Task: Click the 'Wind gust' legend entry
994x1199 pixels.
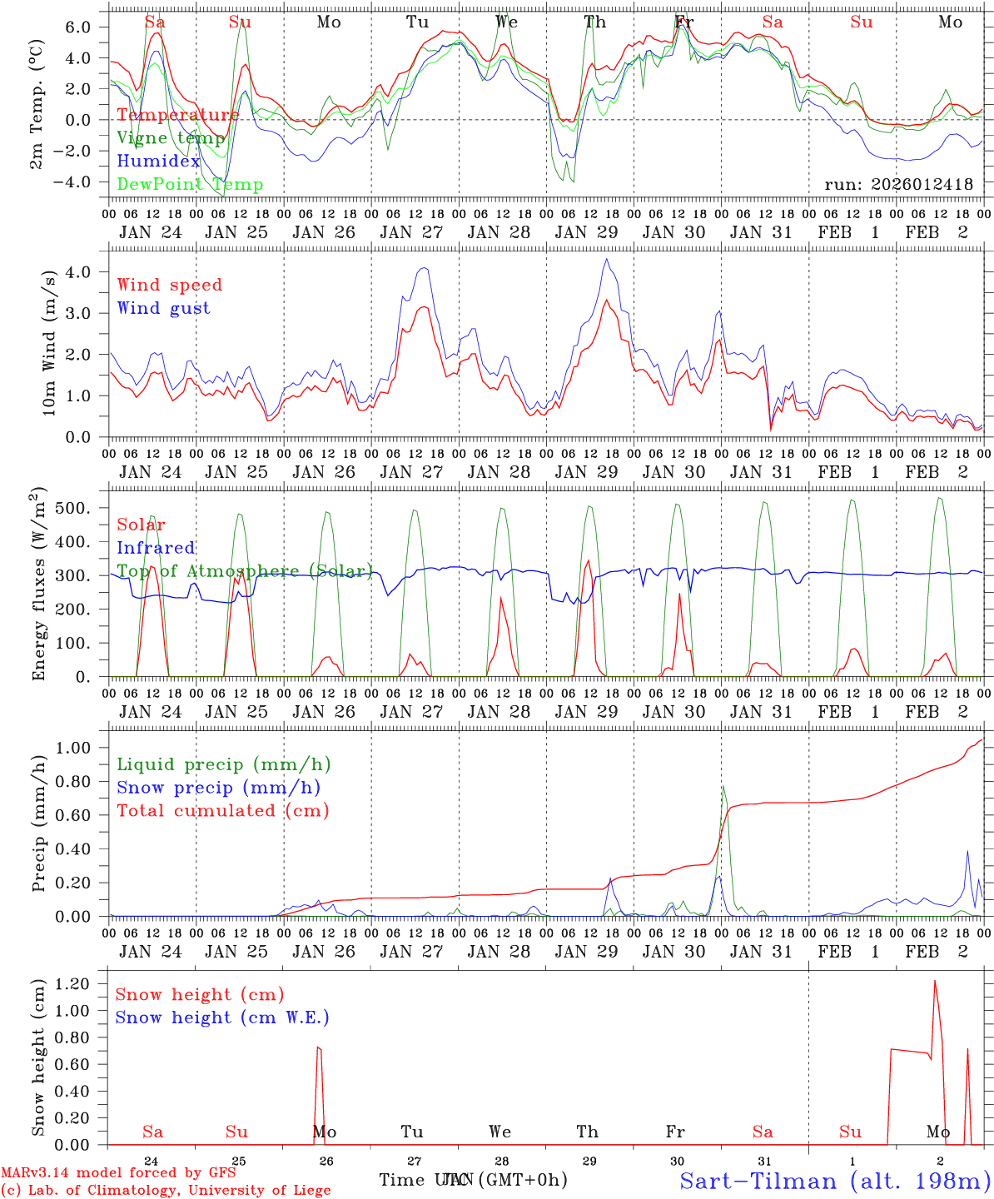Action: (x=163, y=308)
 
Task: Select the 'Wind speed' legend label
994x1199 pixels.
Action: (x=170, y=285)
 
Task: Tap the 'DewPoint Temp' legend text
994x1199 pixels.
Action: (x=190, y=184)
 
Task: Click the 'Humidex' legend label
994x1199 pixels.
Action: (x=158, y=161)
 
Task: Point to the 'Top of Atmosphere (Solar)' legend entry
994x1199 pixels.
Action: (x=245, y=571)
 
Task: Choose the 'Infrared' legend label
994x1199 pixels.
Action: (x=156, y=548)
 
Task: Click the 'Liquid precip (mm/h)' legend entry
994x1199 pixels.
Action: (x=224, y=764)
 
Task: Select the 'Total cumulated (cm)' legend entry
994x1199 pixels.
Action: (x=223, y=810)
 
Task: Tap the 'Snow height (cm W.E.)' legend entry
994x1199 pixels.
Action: (x=222, y=1017)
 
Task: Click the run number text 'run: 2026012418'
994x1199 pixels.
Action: (x=898, y=184)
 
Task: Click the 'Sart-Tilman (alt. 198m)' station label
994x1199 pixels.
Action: (x=834, y=1181)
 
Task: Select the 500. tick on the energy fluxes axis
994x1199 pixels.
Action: (x=86, y=508)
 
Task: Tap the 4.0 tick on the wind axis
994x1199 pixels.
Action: (x=87, y=271)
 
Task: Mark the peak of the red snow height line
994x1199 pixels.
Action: (x=934, y=981)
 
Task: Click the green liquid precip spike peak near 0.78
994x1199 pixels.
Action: (x=723, y=785)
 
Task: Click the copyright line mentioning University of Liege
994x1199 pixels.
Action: (x=166, y=1190)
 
